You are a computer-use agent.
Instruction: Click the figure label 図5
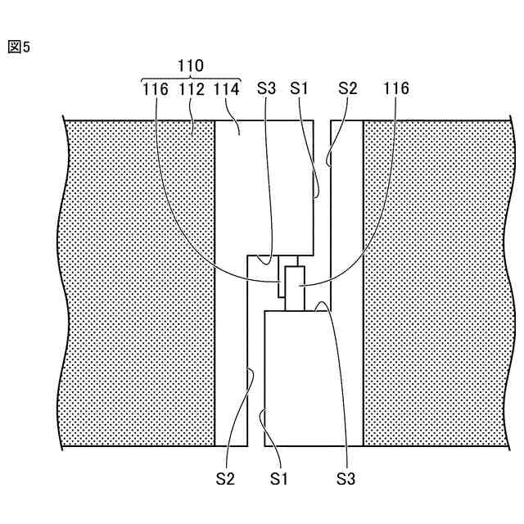click(19, 47)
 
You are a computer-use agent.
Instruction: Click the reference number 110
click(191, 65)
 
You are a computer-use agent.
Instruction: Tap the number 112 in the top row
click(191, 88)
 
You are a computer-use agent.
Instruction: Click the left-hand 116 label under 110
click(155, 88)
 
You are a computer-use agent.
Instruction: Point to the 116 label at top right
click(395, 88)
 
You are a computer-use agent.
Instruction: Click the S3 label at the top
click(267, 88)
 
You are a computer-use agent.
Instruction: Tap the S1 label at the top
click(300, 88)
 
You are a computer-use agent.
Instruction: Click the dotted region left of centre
click(139, 287)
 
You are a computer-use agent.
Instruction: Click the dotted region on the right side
click(434, 287)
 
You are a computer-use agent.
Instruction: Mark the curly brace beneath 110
click(191, 76)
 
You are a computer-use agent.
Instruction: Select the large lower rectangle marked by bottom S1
click(296, 377)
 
